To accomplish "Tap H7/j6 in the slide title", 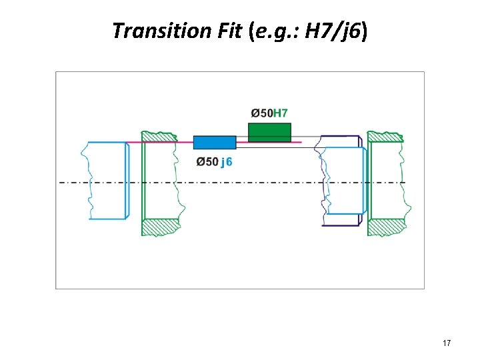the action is (x=336, y=31).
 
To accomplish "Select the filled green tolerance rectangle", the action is (x=269, y=132).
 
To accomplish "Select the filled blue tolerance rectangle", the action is (x=215, y=142).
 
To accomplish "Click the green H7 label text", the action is (x=282, y=113).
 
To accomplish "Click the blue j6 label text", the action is (x=227, y=162).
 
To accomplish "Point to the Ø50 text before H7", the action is (x=261, y=113).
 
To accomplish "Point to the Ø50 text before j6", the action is (x=207, y=162).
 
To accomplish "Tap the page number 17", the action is (x=447, y=343).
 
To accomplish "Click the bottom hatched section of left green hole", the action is (x=161, y=227).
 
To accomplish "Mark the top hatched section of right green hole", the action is (x=385, y=137).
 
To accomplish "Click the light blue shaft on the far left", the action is (x=107, y=180).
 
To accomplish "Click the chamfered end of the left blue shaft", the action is (x=127, y=180).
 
